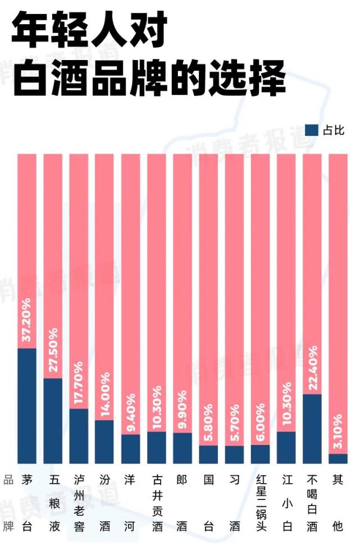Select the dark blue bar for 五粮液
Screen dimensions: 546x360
pyautogui.click(x=53, y=420)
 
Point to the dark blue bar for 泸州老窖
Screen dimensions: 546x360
pyautogui.click(x=79, y=435)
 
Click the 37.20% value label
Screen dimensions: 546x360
pyautogui.click(x=27, y=322)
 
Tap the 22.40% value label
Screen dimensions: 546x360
pyautogui.click(x=312, y=368)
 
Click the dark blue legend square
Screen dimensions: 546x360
pyautogui.click(x=311, y=130)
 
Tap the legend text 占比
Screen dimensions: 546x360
pyautogui.click(x=334, y=130)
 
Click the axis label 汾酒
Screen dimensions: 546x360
pyautogui.click(x=104, y=503)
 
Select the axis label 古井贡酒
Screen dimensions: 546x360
pyautogui.click(x=157, y=503)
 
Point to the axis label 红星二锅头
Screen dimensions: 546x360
pyautogui.click(x=260, y=503)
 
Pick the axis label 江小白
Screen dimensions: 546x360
pyautogui.click(x=286, y=503)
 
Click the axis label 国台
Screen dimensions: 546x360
pyautogui.click(x=208, y=503)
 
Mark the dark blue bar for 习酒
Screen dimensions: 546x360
pyautogui.click(x=234, y=454)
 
